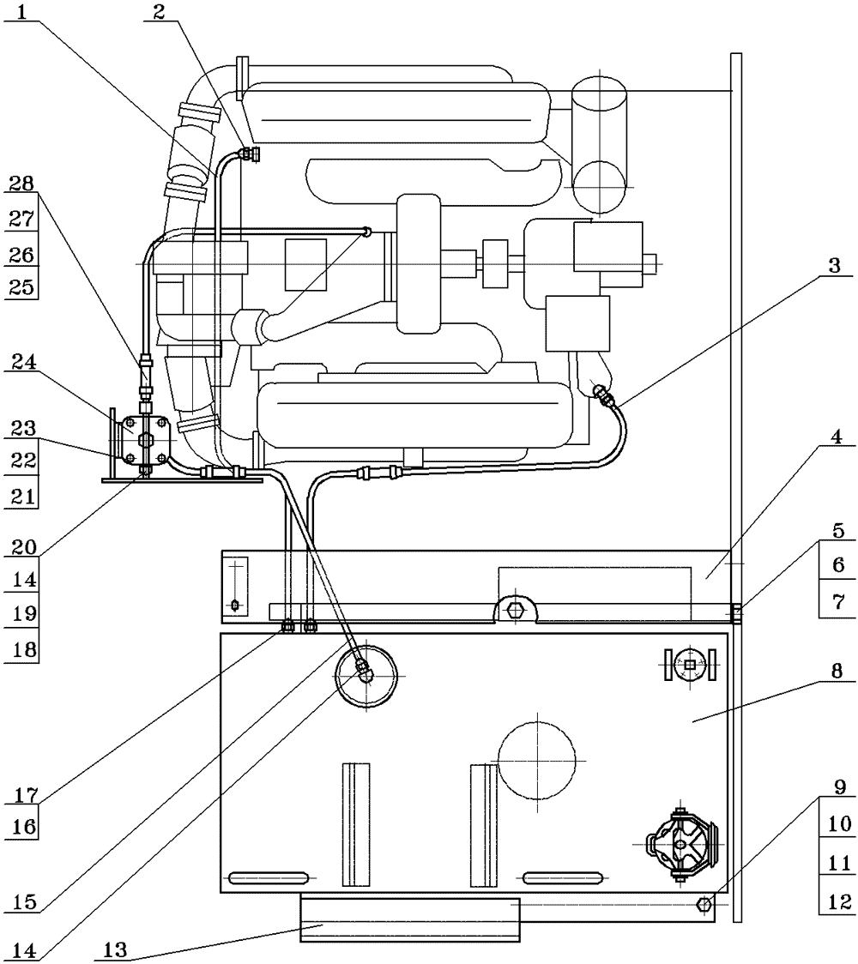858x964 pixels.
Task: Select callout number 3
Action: (833, 266)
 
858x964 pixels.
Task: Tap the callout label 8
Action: (837, 671)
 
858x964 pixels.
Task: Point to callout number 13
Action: (115, 950)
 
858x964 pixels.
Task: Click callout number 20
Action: (24, 547)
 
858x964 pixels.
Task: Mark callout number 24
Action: (24, 362)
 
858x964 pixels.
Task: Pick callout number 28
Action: (22, 184)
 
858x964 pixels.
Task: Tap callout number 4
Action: (836, 437)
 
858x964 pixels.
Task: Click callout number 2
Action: (160, 12)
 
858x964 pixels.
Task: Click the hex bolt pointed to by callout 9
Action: (705, 904)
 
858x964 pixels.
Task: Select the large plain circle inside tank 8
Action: (537, 760)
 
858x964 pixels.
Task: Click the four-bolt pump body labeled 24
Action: (144, 439)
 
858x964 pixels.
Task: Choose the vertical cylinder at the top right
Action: (599, 144)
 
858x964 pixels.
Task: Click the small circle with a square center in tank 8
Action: (690, 665)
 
